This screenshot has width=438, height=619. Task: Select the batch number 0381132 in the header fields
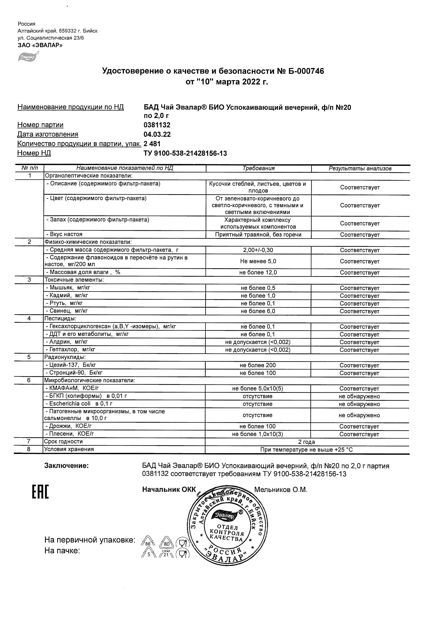[x=157, y=125]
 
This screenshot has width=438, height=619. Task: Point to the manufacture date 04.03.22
[x=157, y=134]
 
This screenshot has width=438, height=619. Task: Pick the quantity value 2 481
[x=152, y=144]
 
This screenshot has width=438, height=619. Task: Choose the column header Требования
[x=258, y=168]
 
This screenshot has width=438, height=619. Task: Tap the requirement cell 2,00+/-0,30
[x=258, y=250]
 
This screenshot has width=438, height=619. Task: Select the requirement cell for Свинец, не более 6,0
[x=258, y=311]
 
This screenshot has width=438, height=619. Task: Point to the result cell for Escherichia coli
[x=359, y=404]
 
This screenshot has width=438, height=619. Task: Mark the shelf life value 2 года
[x=306, y=442]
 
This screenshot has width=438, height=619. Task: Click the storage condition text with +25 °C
[x=306, y=450]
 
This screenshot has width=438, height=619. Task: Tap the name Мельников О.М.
[x=281, y=490]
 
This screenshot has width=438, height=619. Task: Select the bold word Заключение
[x=66, y=466]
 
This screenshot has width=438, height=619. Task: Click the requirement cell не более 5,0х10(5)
[x=257, y=389]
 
